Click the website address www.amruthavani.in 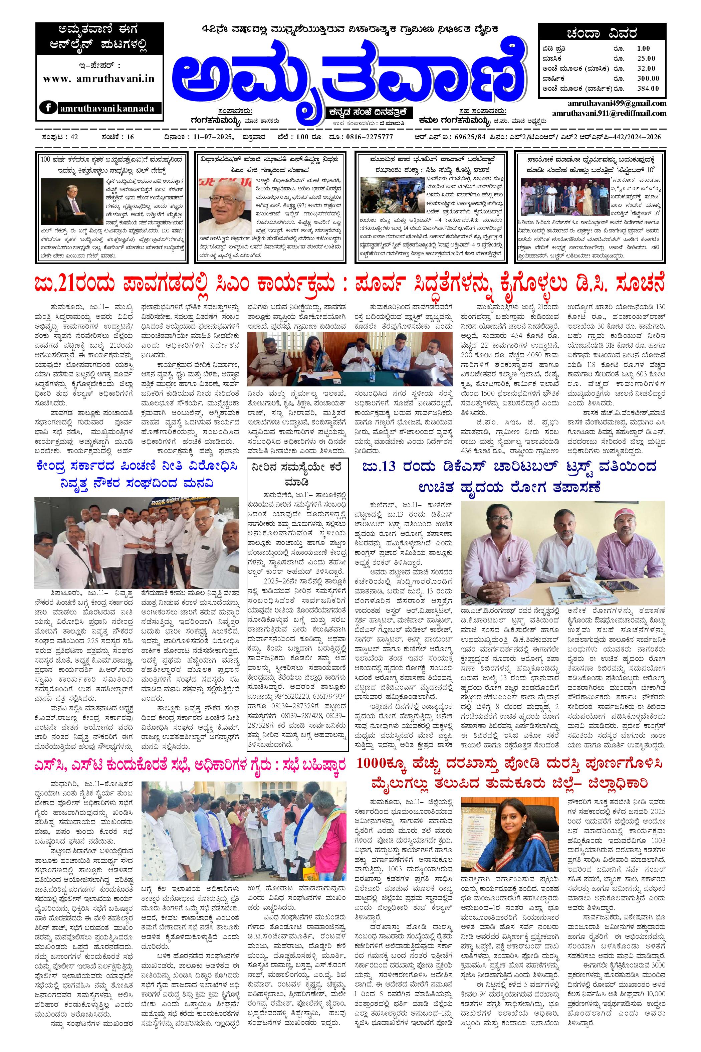(x=99, y=78)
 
